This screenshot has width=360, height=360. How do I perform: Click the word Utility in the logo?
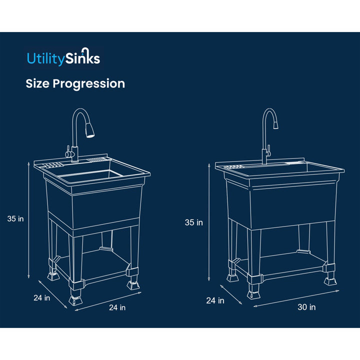(x=45, y=58)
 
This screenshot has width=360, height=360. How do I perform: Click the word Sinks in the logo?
(x=82, y=58)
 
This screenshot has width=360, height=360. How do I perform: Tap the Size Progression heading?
(x=75, y=83)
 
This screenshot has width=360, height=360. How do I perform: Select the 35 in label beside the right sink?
(x=193, y=222)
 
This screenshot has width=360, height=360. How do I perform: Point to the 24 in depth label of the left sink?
(x=42, y=298)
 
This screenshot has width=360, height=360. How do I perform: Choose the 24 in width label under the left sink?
(x=117, y=308)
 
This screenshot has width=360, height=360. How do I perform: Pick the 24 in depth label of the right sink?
(x=215, y=300)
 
